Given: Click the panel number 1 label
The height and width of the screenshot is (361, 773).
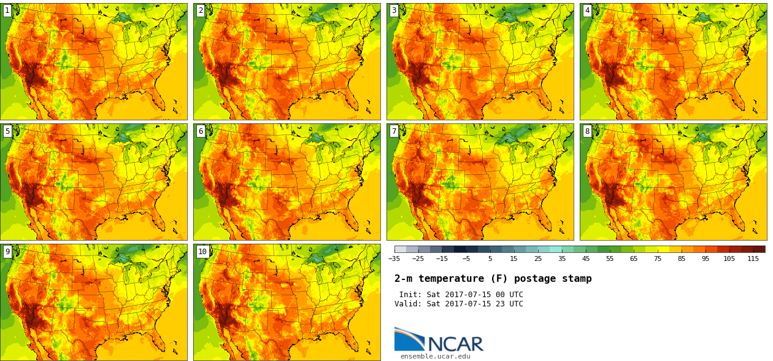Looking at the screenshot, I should (7, 10).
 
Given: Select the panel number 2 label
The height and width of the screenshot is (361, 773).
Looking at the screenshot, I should (201, 10).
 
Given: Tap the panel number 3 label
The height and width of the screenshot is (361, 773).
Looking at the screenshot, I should (394, 10).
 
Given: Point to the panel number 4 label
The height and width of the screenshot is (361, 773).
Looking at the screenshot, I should (587, 10).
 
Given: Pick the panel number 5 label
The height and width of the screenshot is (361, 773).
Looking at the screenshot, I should (7, 131).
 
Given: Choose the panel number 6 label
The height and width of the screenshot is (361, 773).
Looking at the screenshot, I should (201, 131).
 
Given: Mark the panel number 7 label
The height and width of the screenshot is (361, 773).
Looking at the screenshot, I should (394, 131).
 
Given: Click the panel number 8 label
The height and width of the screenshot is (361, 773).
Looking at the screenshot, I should (587, 131).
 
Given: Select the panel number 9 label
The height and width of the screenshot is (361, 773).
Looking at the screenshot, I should (7, 251).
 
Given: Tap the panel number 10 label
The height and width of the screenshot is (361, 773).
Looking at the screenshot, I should (202, 251).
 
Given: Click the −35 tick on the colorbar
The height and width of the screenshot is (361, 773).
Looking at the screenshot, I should (394, 258).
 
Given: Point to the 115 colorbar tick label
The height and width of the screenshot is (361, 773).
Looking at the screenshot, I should (753, 258).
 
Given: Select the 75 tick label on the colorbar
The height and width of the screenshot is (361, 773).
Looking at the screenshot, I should (658, 258).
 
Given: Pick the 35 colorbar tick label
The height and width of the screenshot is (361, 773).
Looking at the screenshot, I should (562, 258).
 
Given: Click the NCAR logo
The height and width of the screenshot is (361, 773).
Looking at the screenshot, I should (439, 340).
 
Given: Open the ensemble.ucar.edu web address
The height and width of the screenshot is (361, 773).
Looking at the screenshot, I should (435, 356).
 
